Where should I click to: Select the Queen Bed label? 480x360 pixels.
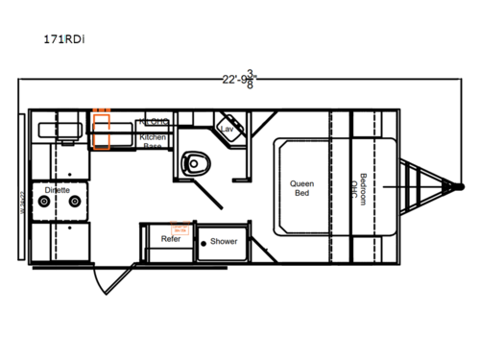(304, 186)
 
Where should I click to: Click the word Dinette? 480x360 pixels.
(57, 191)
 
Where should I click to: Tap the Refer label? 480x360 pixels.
(172, 239)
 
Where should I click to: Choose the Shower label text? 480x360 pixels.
(224, 241)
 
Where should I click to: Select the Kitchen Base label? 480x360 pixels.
(154, 141)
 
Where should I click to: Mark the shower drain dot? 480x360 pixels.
(204, 243)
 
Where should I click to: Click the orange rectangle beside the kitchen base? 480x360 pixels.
(102, 130)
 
